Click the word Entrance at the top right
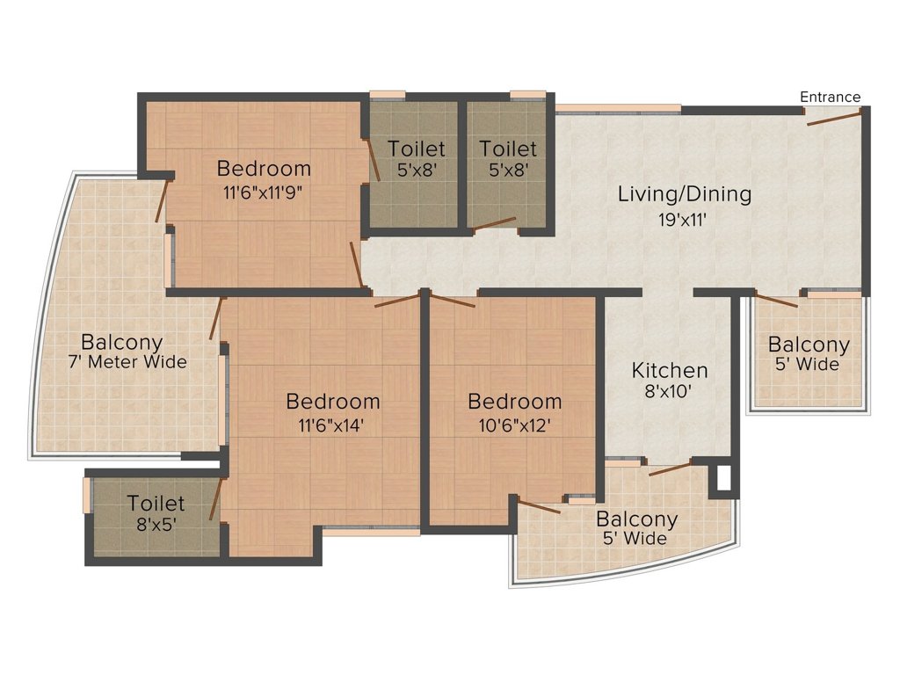[x=830, y=97]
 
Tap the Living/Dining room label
[x=685, y=193]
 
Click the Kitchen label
[x=670, y=370]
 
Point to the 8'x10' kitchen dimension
[x=670, y=393]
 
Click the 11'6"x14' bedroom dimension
[x=332, y=425]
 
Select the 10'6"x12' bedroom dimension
[x=514, y=425]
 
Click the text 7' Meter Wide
[x=127, y=362]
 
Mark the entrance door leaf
[x=833, y=118]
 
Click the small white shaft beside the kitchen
[x=723, y=480]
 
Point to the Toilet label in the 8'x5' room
[x=156, y=504]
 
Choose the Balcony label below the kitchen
[x=636, y=519]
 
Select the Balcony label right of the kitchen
[x=809, y=345]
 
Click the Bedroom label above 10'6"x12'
[x=514, y=402]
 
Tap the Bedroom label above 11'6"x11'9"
[x=264, y=167]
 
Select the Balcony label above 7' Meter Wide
[x=122, y=341]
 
